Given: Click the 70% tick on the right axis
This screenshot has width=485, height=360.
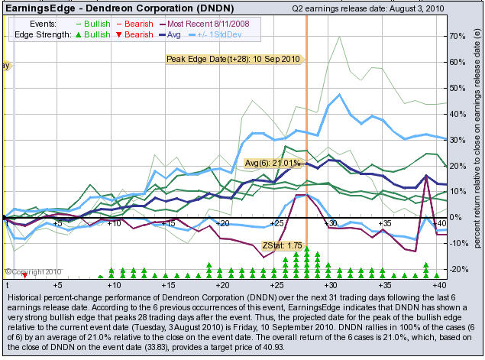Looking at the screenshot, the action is pos(458,37).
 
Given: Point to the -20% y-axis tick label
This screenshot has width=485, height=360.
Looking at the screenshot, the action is pos(457,269).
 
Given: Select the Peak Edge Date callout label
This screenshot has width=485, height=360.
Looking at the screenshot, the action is pos(233,59).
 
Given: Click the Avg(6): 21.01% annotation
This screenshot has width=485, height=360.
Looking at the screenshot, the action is pos(273,163).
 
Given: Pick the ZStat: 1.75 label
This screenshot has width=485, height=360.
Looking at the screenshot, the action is pos(282,245).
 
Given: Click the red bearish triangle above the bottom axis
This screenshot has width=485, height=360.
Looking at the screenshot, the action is pos(24,275).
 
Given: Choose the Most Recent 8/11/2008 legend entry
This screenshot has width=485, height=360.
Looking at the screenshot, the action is pos(205,24).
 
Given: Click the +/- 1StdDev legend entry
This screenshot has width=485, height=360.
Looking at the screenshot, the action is pos(215,34).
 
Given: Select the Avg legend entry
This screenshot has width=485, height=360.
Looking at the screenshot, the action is pos(170,34).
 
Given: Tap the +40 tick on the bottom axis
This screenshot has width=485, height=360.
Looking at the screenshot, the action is pos(439,285).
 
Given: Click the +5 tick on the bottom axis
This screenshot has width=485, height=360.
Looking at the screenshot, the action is pos(57,285).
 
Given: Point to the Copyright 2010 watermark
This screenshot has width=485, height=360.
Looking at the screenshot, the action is pos(33,272).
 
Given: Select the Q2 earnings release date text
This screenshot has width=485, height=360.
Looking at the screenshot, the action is pos(368,8).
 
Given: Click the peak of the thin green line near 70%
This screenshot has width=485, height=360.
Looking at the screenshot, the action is pos(339,37).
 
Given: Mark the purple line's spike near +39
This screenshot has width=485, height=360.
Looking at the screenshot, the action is pos(426,176).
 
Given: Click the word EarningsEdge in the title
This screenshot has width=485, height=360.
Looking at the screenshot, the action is pos(40,8).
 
